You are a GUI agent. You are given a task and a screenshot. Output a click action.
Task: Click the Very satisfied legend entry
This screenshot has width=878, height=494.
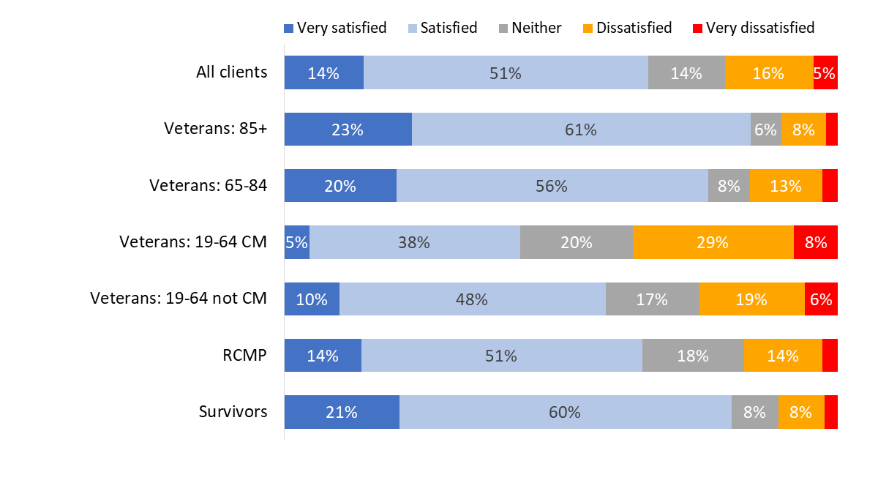pos(335,28)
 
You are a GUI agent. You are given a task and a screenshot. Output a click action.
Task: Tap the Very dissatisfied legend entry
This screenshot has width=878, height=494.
pos(753,28)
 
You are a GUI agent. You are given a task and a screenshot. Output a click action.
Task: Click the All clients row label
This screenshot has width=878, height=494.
pos(231,72)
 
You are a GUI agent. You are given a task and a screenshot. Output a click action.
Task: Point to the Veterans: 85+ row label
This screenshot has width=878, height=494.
pos(215,129)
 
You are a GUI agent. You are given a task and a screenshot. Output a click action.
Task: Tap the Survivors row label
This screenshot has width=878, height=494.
pos(233,411)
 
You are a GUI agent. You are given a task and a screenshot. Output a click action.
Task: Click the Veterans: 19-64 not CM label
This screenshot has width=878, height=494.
pos(179,299)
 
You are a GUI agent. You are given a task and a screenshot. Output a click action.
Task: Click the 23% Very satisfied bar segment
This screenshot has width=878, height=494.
pos(348,130)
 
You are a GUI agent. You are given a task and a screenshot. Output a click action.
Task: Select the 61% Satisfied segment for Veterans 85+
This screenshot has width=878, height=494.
pos(581,130)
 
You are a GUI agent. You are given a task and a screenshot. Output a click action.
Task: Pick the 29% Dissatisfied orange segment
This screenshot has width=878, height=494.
pos(713,242)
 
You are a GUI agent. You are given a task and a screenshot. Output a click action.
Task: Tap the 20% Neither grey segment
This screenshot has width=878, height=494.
pos(576,242)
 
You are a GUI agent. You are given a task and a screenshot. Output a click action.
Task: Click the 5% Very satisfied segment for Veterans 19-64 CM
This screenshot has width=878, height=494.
pos(296,242)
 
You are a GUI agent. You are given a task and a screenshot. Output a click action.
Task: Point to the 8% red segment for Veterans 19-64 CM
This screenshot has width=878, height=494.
pos(815,242)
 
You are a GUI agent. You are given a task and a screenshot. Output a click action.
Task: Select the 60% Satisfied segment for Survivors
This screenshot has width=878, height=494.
pos(565,412)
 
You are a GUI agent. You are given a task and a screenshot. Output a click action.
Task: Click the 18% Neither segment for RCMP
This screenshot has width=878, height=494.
pos(693,356)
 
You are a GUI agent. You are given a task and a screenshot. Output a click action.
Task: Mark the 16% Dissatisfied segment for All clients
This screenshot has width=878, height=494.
pos(768,73)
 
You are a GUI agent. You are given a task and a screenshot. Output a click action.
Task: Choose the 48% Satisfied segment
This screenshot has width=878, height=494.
pos(472,299)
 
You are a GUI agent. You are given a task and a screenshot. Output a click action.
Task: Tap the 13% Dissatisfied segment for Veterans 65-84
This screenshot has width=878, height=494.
pos(786,186)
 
